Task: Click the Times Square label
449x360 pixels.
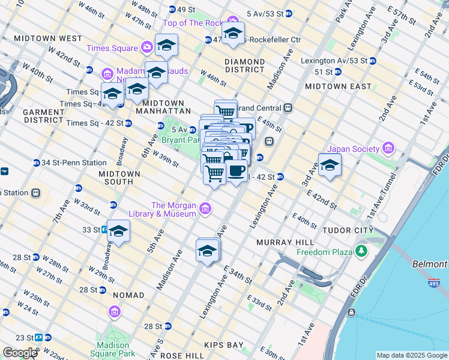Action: [x=112, y=48]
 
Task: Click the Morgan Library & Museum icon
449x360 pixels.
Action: [x=205, y=209]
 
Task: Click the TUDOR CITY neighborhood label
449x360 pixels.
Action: [x=348, y=230]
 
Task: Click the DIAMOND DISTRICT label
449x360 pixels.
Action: [x=244, y=65]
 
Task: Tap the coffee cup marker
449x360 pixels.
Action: [x=237, y=171]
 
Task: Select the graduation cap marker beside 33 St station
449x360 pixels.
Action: [x=118, y=232]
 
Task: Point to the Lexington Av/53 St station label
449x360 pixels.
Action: [x=334, y=61]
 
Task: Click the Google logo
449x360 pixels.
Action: [x=20, y=353]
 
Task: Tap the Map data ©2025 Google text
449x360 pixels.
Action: [x=411, y=355]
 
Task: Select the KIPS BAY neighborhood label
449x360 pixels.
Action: [x=223, y=346]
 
